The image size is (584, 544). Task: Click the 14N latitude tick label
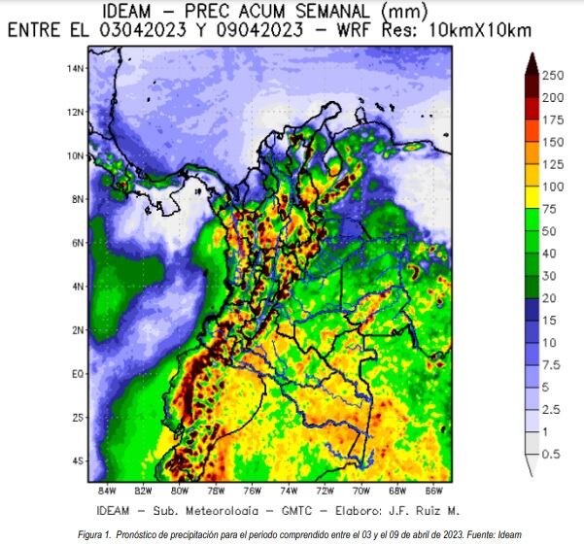(73, 68)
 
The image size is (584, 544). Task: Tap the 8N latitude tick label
(76, 199)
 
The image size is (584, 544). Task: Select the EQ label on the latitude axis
(75, 373)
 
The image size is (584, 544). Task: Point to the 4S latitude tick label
(76, 460)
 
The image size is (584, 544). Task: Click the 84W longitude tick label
(107, 489)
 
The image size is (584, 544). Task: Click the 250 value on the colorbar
(553, 75)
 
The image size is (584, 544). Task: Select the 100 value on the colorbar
(553, 187)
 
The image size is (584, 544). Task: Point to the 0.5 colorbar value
(550, 454)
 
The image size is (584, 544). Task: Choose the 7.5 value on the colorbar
(550, 364)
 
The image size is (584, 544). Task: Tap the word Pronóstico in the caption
(147, 532)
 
